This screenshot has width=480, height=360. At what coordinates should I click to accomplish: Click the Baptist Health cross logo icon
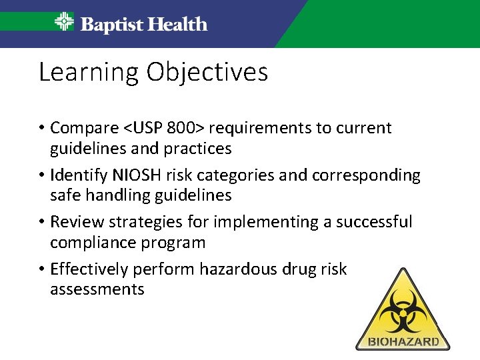click(64, 23)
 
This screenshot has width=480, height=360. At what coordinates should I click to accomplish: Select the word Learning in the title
click(89, 72)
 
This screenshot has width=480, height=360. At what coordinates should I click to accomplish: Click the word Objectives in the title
click(207, 72)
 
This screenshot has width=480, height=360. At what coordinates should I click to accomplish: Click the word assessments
click(97, 289)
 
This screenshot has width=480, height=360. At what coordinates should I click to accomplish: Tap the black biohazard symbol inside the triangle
click(402, 310)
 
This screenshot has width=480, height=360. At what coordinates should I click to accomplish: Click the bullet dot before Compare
click(41, 128)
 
